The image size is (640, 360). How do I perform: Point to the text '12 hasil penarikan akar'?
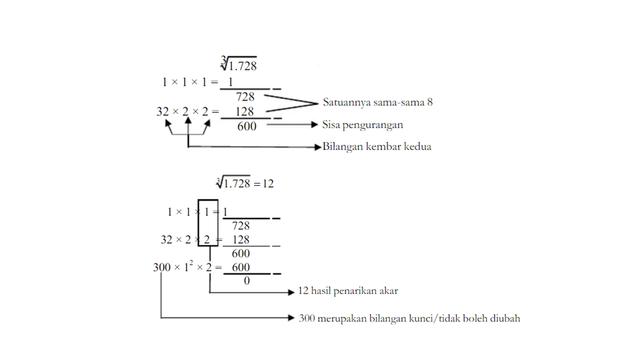click(x=349, y=291)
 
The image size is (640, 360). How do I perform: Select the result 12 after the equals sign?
click(x=268, y=183)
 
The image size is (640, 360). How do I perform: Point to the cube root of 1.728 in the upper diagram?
click(x=239, y=65)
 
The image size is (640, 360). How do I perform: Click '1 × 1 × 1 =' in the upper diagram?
click(x=191, y=81)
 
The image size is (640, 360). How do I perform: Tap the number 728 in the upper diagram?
click(x=245, y=96)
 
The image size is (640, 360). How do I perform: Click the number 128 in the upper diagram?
click(x=245, y=111)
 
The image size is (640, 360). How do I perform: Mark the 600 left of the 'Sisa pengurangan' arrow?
click(x=246, y=126)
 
